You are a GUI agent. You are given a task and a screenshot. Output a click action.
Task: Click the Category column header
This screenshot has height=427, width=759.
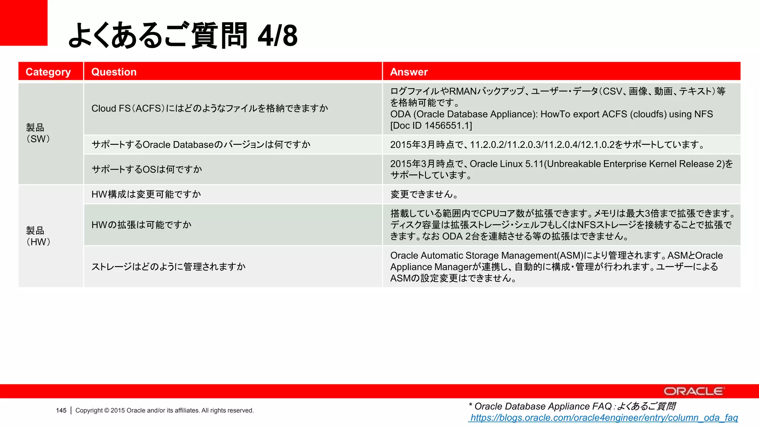pos(48,72)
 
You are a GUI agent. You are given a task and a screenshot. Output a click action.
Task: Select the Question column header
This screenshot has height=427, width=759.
pos(114,72)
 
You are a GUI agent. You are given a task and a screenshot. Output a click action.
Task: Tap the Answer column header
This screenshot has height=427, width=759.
pos(409,72)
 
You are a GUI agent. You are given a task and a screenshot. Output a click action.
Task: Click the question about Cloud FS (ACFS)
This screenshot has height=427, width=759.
pos(210,109)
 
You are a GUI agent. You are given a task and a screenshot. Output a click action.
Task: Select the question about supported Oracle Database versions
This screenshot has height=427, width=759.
pos(201,145)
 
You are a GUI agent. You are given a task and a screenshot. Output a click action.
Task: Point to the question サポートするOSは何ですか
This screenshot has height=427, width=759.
pos(147,169)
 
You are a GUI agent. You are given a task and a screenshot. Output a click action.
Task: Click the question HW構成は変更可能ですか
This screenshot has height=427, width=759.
pos(146,194)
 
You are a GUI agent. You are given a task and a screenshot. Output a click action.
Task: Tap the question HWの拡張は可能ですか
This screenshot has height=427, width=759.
pos(141,225)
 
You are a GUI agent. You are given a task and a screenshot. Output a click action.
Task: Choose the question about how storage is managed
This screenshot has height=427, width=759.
pos(169,267)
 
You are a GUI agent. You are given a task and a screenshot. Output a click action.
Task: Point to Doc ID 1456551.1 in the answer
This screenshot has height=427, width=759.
pos(431,126)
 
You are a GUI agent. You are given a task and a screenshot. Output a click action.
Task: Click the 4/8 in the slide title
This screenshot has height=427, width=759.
pos(278,36)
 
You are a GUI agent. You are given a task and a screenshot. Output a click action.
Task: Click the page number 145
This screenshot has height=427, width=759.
pos(61,411)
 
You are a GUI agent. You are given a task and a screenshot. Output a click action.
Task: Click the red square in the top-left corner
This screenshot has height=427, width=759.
pos(23,23)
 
